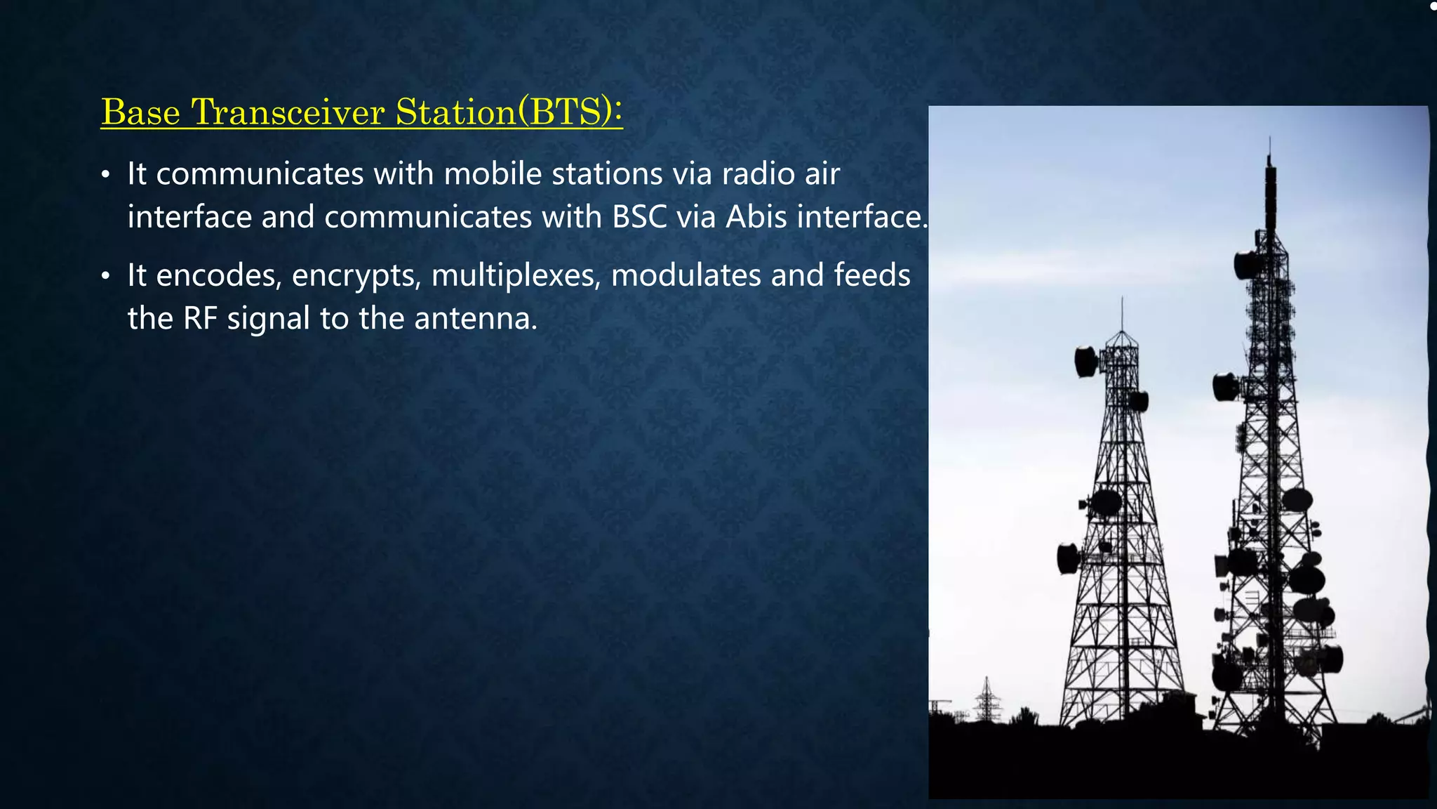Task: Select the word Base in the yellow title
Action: tap(140, 112)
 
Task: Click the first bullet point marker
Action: tap(105, 175)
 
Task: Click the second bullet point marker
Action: tap(105, 276)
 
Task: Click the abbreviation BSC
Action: tap(639, 217)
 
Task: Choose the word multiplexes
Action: tap(516, 275)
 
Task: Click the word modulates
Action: tap(686, 275)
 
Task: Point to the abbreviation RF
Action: tap(200, 319)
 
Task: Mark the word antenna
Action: tap(475, 319)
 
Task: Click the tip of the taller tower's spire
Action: tap(1269, 139)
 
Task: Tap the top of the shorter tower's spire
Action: tap(1122, 299)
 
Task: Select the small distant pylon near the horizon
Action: tap(987, 699)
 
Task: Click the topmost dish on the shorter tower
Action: tap(1085, 361)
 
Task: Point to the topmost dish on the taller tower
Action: tap(1248, 264)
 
